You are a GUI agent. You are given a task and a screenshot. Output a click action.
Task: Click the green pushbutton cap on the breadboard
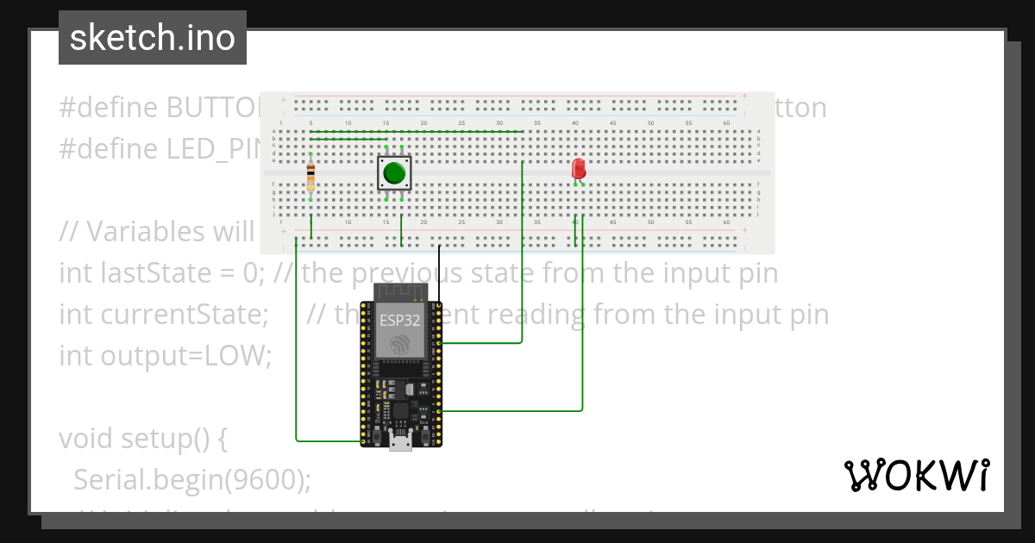point(394,172)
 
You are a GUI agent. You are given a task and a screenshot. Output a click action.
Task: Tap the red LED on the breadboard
point(579,168)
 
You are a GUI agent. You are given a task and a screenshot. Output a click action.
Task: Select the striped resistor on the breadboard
point(310,177)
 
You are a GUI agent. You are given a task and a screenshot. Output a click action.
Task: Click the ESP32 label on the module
point(400,321)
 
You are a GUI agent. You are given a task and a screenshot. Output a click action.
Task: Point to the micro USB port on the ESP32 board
point(400,441)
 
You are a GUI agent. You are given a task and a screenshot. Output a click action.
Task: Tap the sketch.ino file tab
point(153,38)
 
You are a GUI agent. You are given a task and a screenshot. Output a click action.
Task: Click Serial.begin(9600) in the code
point(192,479)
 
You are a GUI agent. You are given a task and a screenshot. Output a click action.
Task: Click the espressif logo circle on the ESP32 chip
point(400,346)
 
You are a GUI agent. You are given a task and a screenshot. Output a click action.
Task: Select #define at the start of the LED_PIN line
point(109,149)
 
